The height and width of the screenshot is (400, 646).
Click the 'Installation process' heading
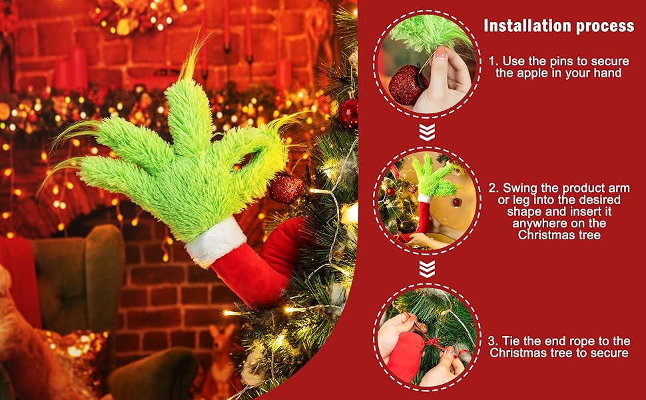pyautogui.click(x=559, y=25)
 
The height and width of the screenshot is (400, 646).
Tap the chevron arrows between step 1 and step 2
pyautogui.click(x=427, y=132)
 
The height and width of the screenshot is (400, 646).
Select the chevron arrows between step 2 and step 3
pyautogui.click(x=427, y=269)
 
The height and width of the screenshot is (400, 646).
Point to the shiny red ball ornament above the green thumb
pyautogui.click(x=348, y=113)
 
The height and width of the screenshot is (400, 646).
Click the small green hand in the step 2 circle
pyautogui.click(x=434, y=177)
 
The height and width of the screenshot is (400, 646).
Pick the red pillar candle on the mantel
pyautogui.click(x=78, y=68)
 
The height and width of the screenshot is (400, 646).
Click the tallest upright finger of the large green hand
pyautogui.click(x=187, y=115)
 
